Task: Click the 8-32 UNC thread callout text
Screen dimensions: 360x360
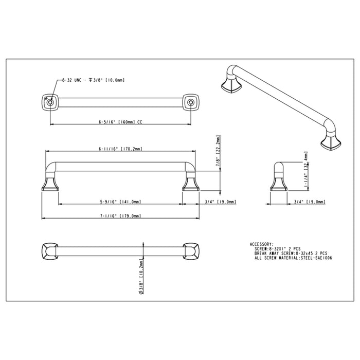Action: click(93, 81)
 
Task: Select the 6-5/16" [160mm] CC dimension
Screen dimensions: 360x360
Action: click(120, 123)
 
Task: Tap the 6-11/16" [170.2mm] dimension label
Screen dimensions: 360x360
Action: click(120, 149)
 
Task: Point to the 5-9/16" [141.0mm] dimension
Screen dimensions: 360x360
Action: click(120, 202)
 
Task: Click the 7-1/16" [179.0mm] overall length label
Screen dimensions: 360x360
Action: click(120, 216)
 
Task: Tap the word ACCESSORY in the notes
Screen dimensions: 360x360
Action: click(261, 244)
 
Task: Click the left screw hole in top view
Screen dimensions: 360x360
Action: click(50, 103)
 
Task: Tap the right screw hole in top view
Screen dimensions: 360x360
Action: click(191, 103)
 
